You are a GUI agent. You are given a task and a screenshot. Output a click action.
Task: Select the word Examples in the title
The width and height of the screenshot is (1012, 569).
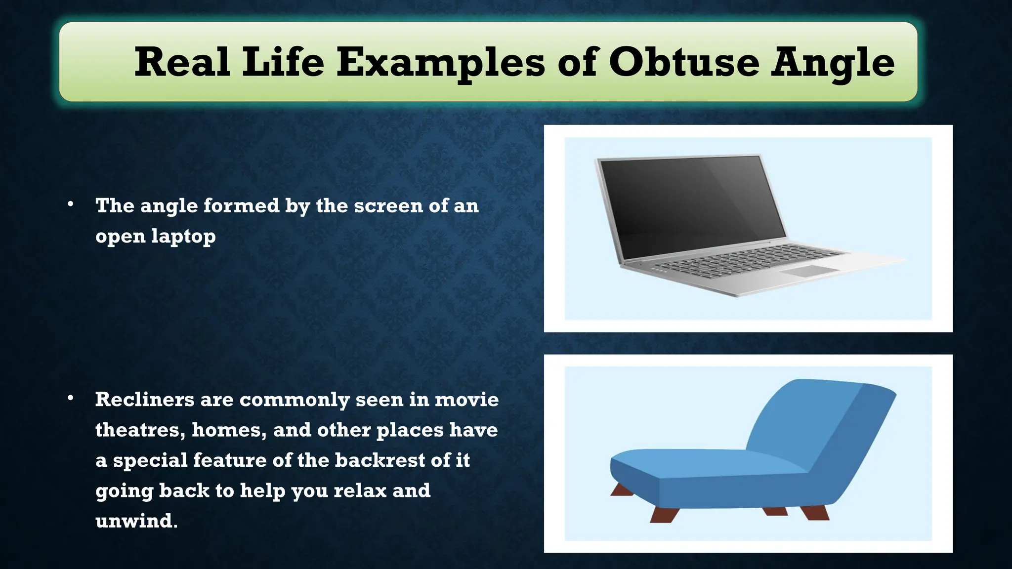[x=441, y=63]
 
